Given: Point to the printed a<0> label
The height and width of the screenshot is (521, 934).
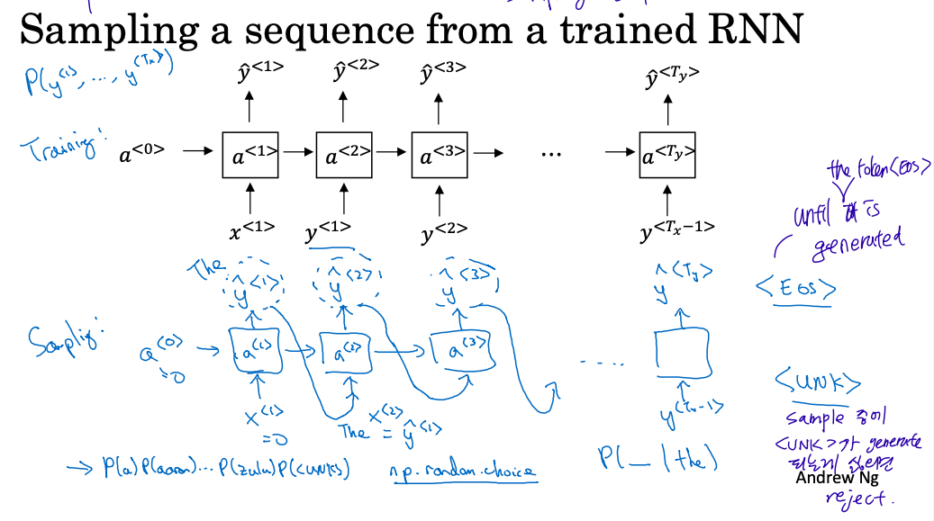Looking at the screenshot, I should coord(142,155).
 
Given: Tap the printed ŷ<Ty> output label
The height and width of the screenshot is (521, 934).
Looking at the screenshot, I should coord(671,76).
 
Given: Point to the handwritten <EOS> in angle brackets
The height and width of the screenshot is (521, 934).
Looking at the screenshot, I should coord(796,289).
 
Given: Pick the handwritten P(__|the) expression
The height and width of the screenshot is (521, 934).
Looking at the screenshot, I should coord(657,460).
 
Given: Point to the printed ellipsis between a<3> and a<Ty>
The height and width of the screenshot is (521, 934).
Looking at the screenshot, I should coord(551,154).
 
